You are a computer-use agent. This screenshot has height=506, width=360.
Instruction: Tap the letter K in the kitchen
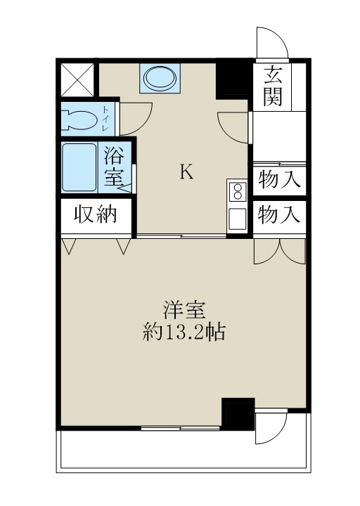(186, 172)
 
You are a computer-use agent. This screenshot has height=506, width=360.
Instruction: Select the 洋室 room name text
(184, 309)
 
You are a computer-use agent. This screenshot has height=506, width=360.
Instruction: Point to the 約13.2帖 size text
(184, 332)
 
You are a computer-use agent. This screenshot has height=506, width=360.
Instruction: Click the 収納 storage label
(95, 216)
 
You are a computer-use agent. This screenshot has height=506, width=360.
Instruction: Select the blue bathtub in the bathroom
(79, 167)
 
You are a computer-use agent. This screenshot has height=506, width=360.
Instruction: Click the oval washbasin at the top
(161, 78)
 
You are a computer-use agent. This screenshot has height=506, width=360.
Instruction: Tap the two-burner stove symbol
(237, 191)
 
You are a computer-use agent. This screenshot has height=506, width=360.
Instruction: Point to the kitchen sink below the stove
(237, 218)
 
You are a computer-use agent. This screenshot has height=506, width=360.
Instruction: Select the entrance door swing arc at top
(272, 44)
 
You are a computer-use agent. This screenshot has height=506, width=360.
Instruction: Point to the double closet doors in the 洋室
(280, 249)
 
